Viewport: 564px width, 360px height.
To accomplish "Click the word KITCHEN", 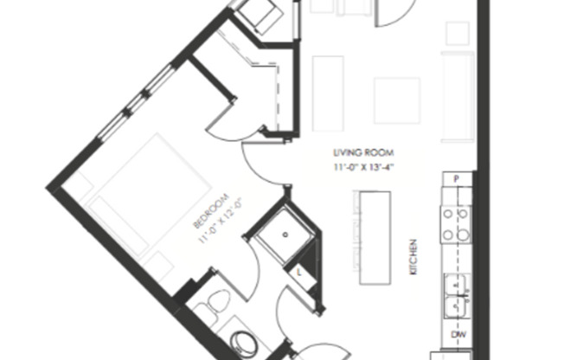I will (415, 259).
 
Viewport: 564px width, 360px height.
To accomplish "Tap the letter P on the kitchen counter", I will (455, 180).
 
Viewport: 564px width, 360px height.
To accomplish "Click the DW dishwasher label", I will (456, 334).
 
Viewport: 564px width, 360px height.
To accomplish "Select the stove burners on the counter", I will (456, 223).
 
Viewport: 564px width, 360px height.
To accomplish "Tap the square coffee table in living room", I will (397, 100).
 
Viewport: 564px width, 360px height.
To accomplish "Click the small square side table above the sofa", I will (458, 33).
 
